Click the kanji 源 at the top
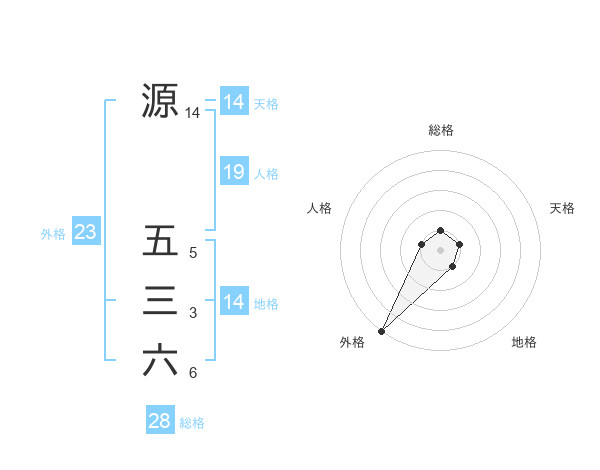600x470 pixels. [160, 100]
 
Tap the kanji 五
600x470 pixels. [160, 241]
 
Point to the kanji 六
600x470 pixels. [160, 360]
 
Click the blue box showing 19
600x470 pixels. [233, 172]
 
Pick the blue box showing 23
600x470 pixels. [85, 233]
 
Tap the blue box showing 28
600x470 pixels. [159, 421]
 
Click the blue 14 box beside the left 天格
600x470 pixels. [233, 102]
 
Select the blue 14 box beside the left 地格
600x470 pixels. [233, 302]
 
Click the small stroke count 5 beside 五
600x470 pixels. [193, 254]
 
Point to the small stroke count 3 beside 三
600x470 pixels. [193, 314]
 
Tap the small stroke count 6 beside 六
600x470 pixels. [193, 374]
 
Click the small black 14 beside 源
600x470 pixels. [192, 114]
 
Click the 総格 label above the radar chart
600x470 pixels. [440, 130]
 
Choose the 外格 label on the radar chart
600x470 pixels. [352, 343]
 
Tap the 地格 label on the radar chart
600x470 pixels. [524, 343]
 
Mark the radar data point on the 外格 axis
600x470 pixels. [382, 330]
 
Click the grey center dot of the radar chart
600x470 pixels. [440, 249]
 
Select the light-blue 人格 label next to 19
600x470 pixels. [266, 174]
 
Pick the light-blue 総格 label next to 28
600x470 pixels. [192, 423]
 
